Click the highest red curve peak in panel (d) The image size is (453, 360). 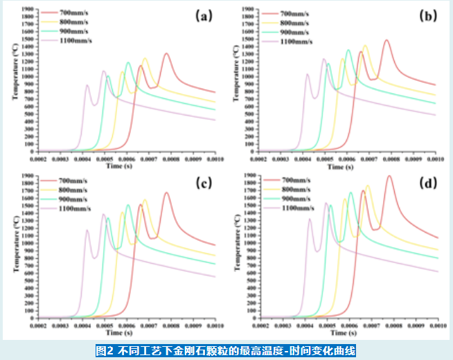(x=389, y=176)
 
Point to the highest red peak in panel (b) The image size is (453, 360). (x=387, y=40)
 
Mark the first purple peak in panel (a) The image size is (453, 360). (x=87, y=85)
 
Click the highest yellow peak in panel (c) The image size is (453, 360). (x=145, y=200)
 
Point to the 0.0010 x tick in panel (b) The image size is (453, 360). (x=435, y=160)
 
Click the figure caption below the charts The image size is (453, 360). (x=226, y=350)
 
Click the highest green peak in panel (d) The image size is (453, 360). (x=350, y=192)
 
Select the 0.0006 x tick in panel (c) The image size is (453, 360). (x=127, y=326)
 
